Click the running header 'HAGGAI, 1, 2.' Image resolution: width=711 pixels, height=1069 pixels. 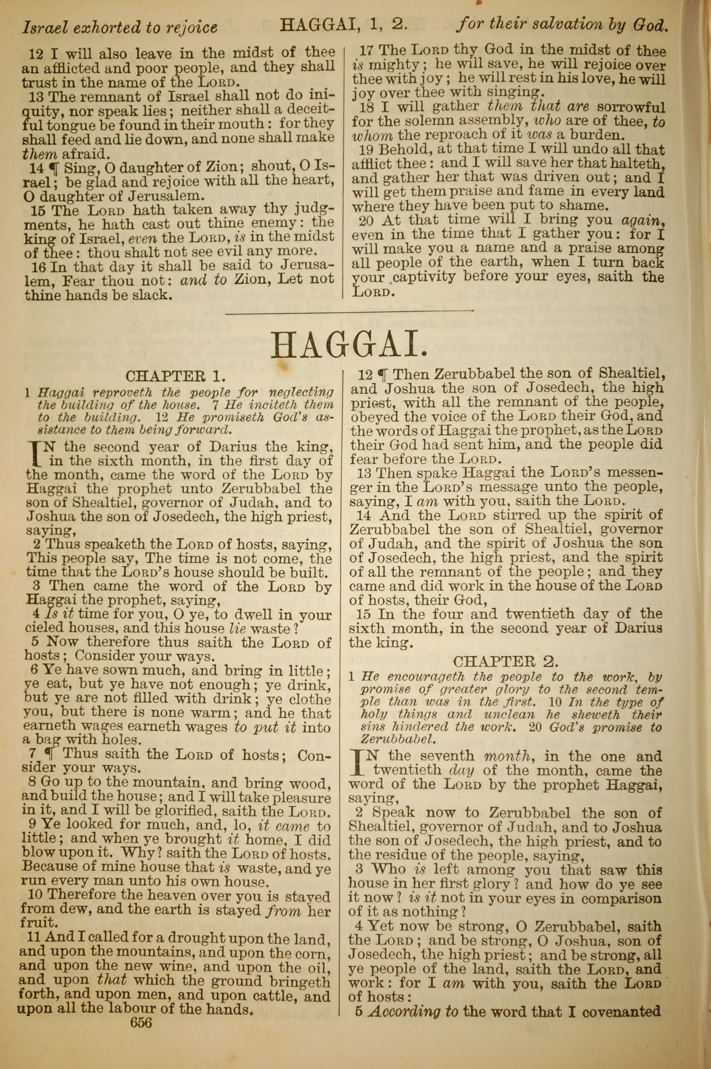(343, 25)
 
